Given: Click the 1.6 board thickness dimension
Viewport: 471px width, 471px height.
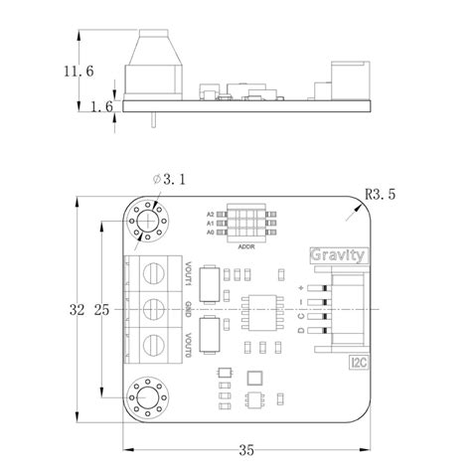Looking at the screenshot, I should click(x=100, y=106).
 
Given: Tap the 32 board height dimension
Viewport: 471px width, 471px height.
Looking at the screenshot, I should click(x=78, y=310).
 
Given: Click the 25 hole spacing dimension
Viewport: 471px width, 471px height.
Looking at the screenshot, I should click(x=101, y=310).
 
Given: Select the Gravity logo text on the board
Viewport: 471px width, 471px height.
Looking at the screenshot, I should click(x=339, y=254).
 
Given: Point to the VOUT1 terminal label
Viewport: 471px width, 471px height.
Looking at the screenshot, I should click(x=187, y=274).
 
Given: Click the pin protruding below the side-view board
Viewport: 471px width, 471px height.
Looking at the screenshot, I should click(x=155, y=121).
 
